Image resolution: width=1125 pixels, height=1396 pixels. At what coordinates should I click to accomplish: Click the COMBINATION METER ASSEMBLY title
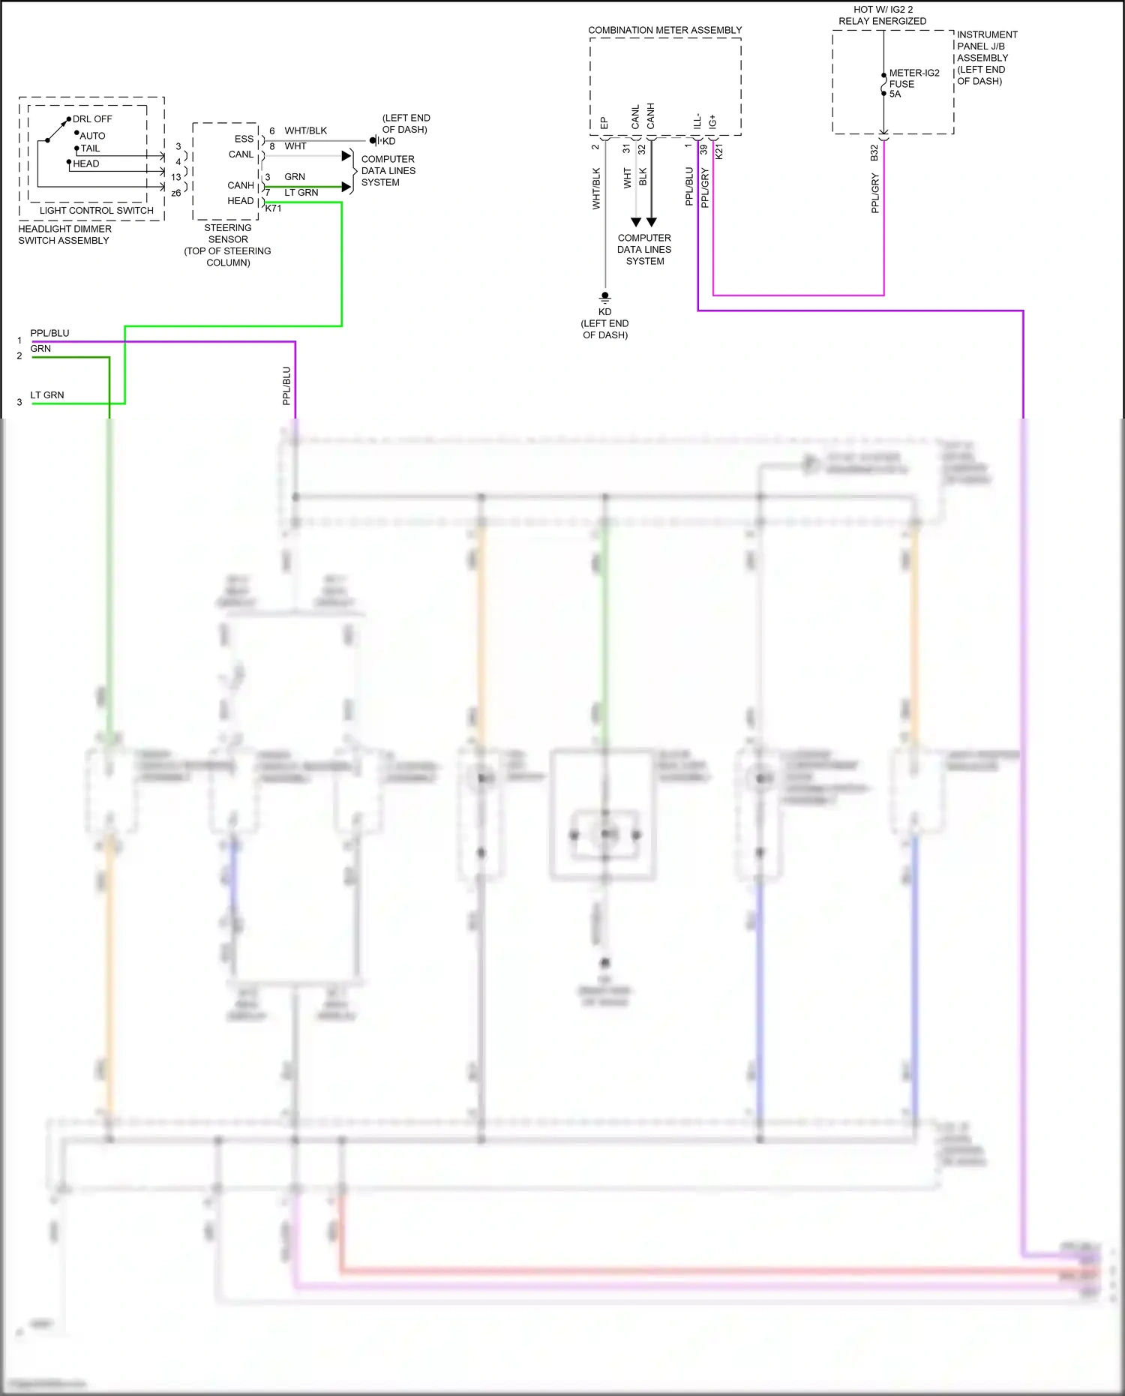point(664,30)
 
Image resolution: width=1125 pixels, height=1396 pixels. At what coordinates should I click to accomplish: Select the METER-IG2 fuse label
point(913,73)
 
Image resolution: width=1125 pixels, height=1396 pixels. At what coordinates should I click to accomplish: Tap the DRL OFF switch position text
point(92,119)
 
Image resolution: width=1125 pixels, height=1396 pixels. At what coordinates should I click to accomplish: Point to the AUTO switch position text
point(93,136)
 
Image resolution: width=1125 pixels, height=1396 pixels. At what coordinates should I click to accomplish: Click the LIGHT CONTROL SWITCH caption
point(96,211)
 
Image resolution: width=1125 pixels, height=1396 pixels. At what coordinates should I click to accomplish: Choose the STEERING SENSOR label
point(228,233)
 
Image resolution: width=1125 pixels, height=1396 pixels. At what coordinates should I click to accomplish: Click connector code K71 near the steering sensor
point(273,209)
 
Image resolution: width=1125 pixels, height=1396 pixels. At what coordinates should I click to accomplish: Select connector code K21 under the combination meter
point(719,152)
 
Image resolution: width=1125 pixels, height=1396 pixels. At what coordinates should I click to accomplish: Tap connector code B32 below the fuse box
point(874,152)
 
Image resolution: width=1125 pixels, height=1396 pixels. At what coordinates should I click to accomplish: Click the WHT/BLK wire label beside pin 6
point(305,131)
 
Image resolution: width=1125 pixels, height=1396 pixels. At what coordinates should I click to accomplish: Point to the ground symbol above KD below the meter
point(605,297)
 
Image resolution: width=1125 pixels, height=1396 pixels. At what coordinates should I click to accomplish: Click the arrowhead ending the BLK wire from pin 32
point(652,222)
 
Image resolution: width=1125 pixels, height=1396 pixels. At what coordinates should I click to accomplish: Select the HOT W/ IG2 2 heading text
point(883,10)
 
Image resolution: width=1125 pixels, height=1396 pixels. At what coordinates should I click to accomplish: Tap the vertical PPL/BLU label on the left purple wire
point(286,386)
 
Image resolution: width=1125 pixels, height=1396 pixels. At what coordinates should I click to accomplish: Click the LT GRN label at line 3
point(47,395)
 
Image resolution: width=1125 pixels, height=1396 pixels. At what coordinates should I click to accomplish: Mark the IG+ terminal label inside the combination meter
point(712,121)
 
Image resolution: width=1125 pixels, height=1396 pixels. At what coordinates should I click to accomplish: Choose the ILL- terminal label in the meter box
point(697,121)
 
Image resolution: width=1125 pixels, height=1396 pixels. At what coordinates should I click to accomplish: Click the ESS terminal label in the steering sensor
point(244,139)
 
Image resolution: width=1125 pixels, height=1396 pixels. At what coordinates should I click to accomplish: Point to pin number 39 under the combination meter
point(703,149)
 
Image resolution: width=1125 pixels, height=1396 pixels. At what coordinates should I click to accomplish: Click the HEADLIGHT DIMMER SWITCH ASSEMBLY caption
point(64,235)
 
